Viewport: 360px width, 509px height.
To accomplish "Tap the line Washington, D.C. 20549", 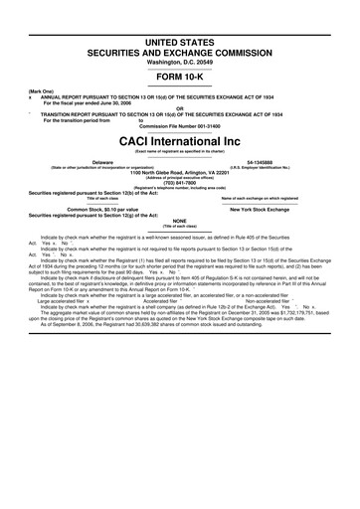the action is pyautogui.click(x=180, y=35).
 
